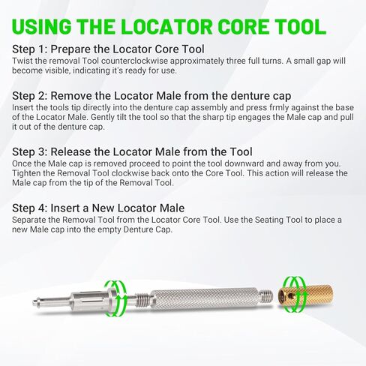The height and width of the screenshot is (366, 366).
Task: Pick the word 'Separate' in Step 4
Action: point(32,219)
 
